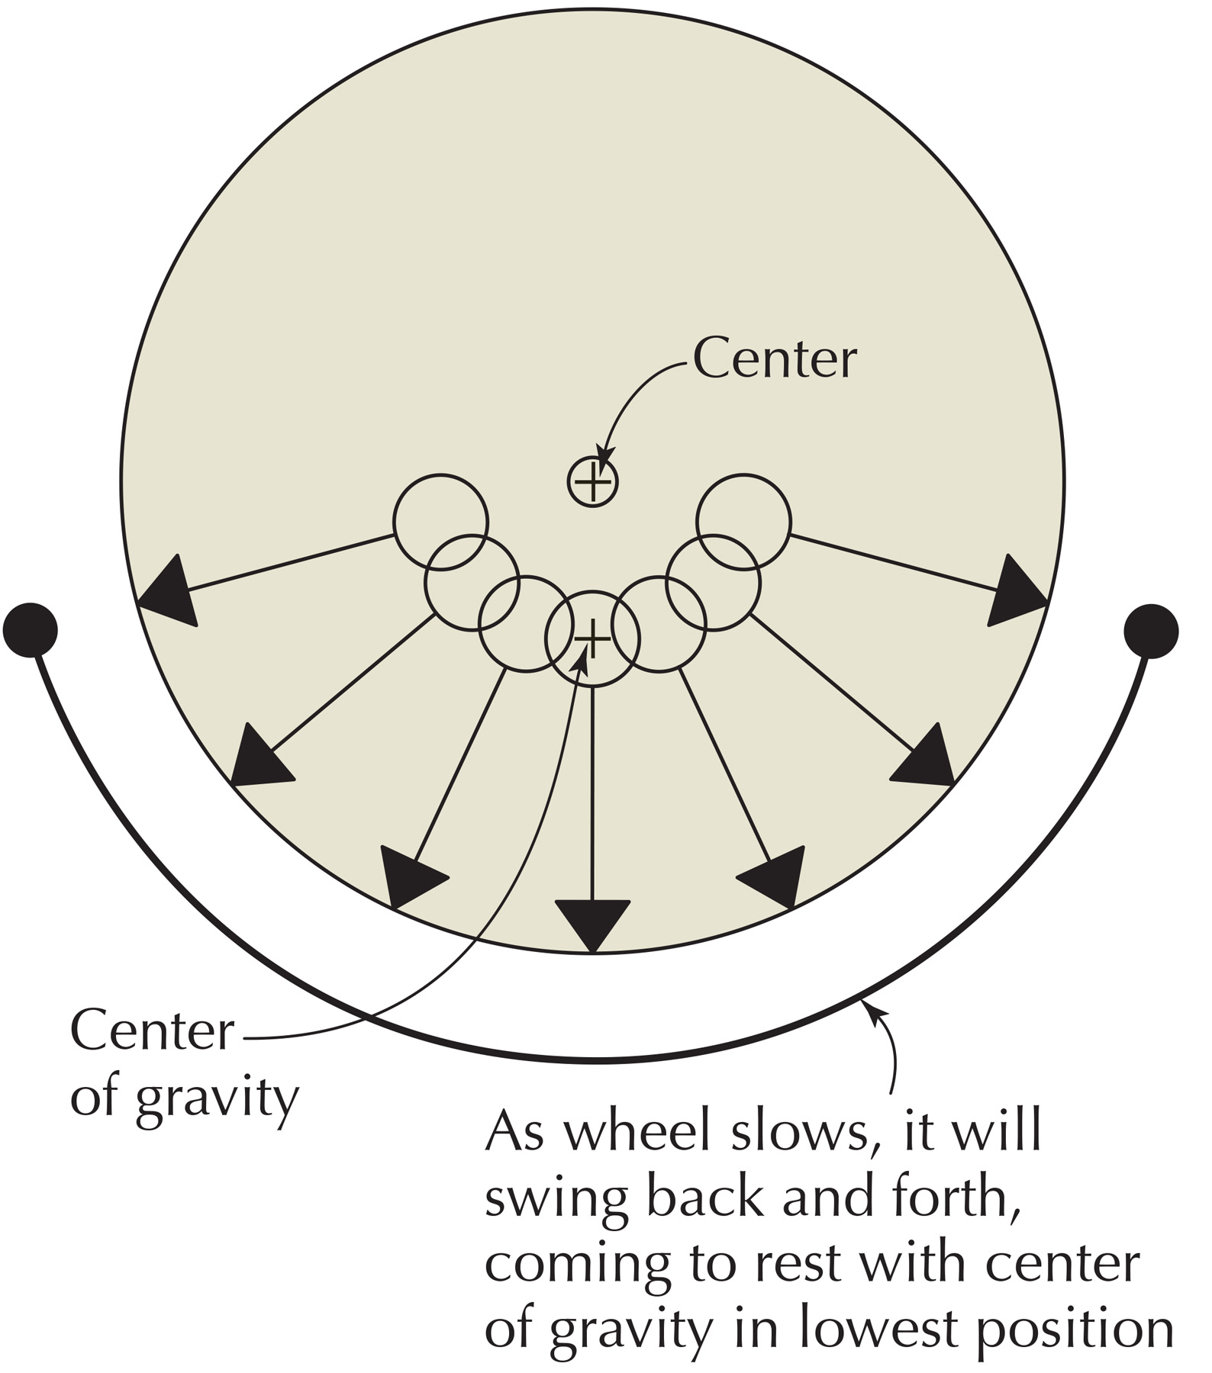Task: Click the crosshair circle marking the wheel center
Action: tap(592, 482)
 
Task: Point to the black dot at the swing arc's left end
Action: tap(31, 630)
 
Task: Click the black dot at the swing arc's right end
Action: tap(1152, 631)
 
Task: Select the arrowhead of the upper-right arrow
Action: tap(1015, 592)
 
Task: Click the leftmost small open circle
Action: tap(440, 522)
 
